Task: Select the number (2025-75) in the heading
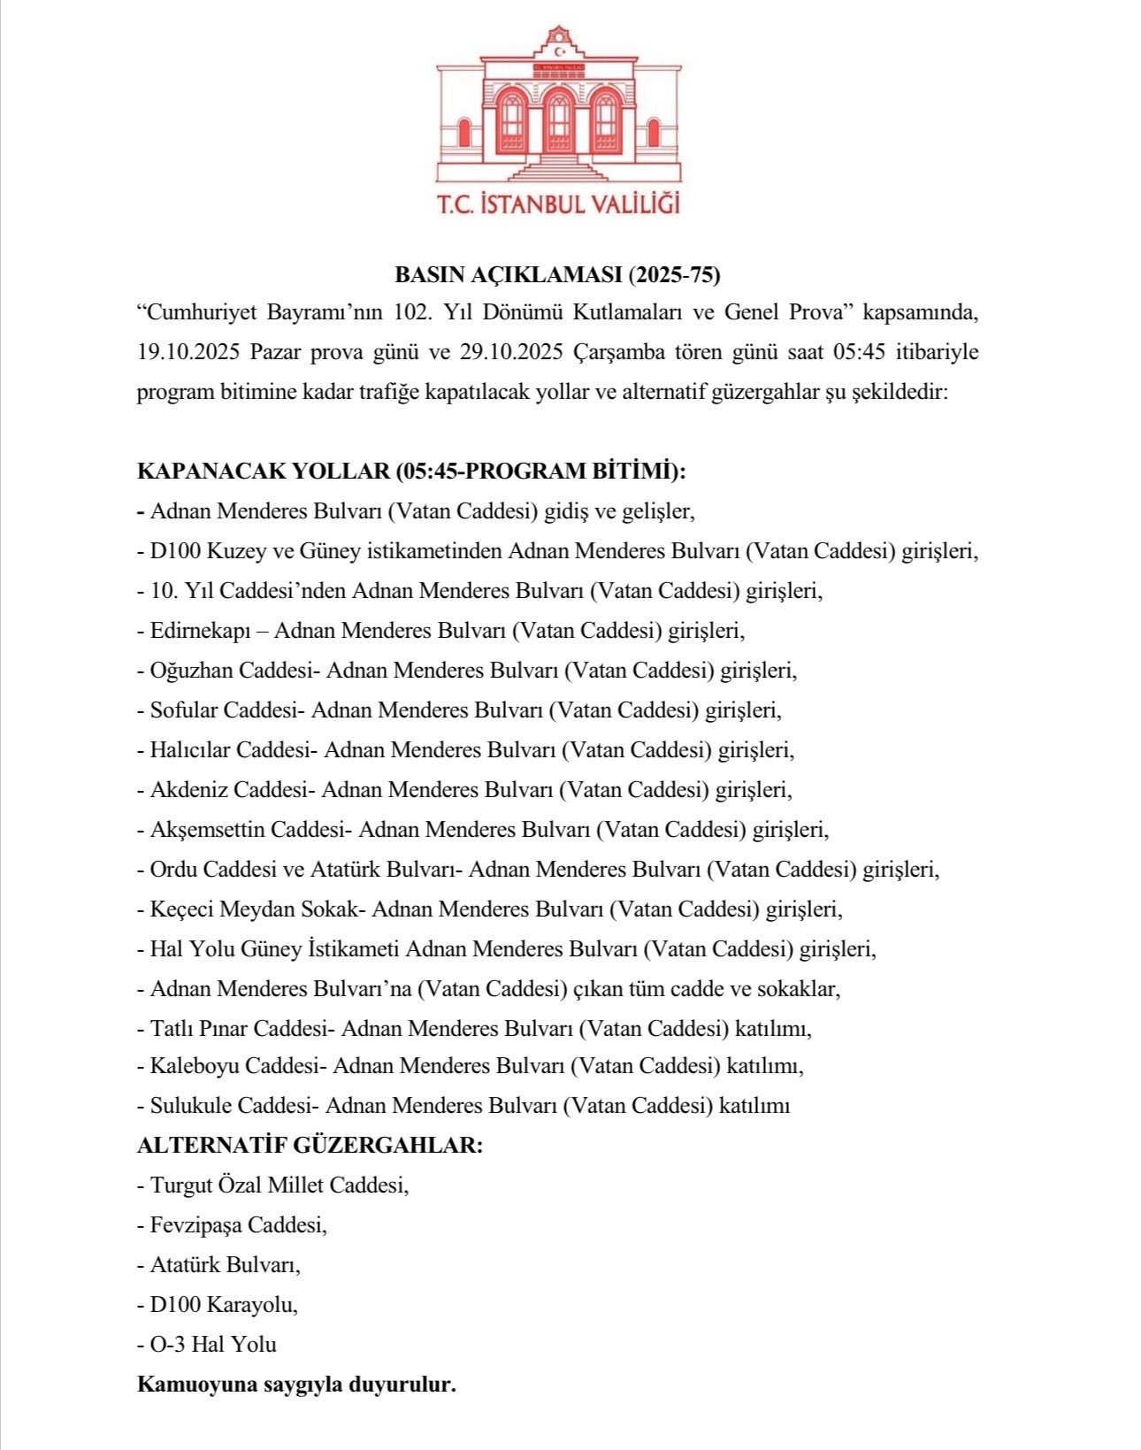pos(674,275)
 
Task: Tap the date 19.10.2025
pos(188,352)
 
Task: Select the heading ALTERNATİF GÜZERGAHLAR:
pos(310,1146)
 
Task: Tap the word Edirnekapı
pos(201,631)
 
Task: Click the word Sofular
pos(184,710)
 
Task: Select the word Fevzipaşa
pos(196,1225)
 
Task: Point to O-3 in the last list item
pos(166,1345)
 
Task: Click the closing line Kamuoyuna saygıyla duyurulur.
pos(296,1385)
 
